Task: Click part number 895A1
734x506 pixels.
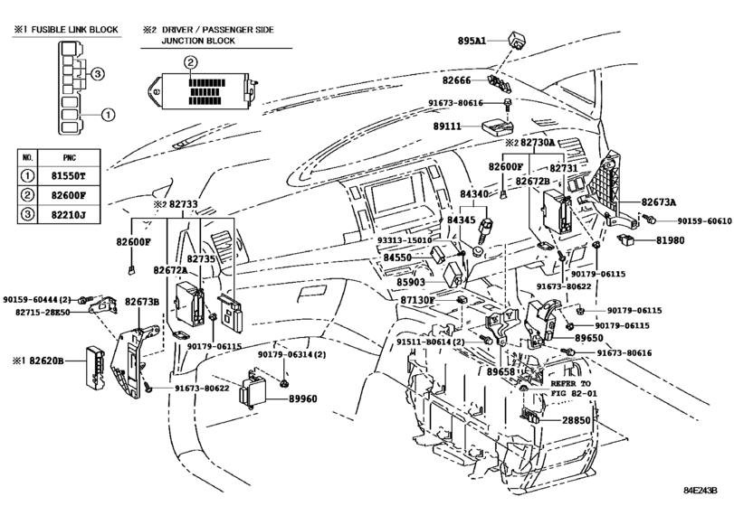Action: coord(472,42)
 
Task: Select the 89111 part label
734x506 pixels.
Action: coord(447,126)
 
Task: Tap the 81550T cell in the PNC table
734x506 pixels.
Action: coord(69,176)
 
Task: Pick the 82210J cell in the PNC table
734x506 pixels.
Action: coord(69,215)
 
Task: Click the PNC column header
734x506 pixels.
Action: coord(69,158)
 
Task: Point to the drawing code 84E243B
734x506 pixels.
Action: coord(700,491)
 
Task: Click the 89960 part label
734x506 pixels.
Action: coord(302,399)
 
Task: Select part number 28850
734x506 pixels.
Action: coord(577,420)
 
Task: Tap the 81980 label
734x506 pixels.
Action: coord(670,240)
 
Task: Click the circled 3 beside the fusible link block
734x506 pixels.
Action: coord(97,73)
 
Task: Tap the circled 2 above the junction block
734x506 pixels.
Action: coord(191,62)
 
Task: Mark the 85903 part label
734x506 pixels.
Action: coord(411,282)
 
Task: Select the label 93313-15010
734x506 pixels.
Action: coord(405,240)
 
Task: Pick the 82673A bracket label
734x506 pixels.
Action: coord(659,202)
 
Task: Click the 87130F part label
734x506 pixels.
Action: coord(417,300)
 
